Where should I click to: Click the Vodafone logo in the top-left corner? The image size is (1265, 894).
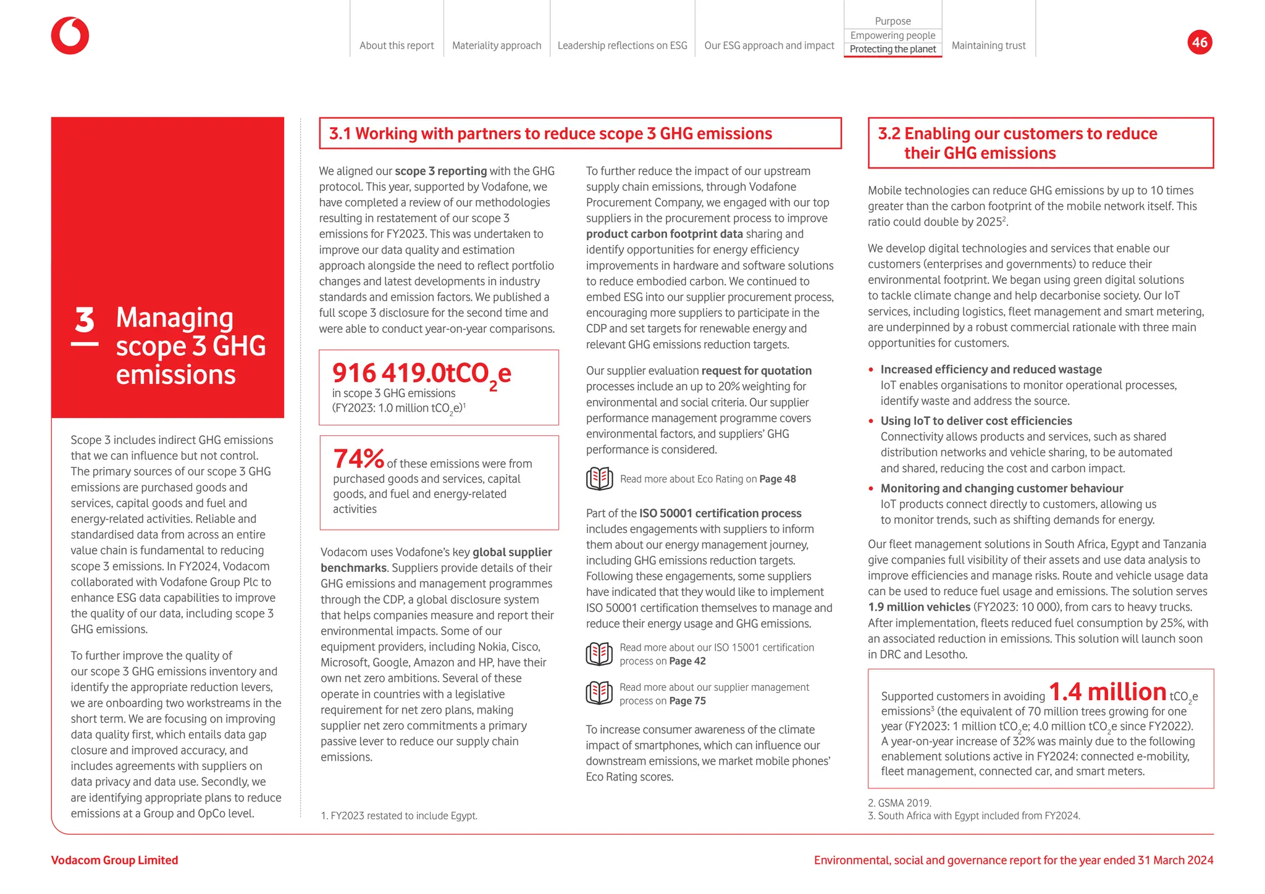click(70, 36)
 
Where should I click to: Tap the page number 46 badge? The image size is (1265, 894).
click(1200, 42)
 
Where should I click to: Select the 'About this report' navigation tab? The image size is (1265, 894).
click(397, 46)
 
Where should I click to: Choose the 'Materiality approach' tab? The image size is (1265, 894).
click(497, 46)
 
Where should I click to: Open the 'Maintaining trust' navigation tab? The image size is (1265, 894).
click(988, 46)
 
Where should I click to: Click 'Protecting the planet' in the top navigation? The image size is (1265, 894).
click(893, 49)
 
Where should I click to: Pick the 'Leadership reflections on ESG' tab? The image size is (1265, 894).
click(622, 46)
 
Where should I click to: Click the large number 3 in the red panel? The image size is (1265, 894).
click(85, 320)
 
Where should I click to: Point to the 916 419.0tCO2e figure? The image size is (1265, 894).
click(422, 374)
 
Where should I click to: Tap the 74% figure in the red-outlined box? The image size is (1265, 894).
click(358, 459)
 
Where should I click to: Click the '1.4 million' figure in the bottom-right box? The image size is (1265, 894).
click(1107, 691)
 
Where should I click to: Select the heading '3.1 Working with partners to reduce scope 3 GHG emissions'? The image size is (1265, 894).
click(550, 134)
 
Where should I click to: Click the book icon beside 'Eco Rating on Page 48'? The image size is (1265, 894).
click(599, 479)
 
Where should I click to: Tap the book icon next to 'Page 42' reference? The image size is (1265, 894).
click(599, 654)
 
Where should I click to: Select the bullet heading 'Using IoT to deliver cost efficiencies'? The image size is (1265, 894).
click(976, 421)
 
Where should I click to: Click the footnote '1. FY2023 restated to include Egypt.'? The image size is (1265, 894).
click(399, 816)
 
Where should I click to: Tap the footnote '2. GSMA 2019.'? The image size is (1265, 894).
click(899, 803)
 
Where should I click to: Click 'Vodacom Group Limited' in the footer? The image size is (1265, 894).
click(114, 860)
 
